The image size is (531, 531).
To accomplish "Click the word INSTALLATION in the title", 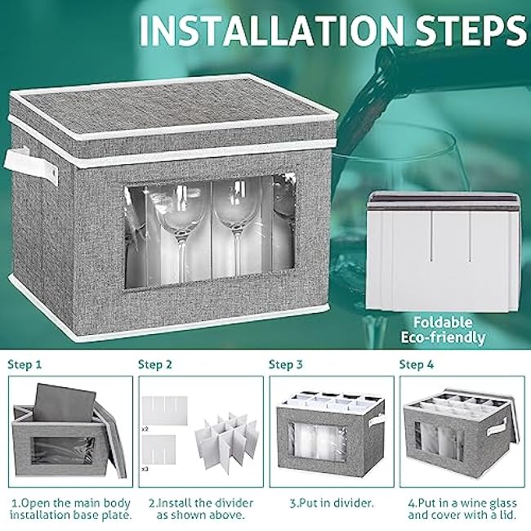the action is [270, 29].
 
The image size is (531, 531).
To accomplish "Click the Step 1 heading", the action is [25, 364].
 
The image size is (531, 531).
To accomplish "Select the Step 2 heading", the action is [155, 364].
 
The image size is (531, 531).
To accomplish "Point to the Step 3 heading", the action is [285, 364].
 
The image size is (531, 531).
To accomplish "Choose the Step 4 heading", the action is [416, 364].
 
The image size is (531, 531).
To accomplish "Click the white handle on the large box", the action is [31, 166].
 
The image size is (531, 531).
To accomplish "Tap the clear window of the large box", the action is [210, 231].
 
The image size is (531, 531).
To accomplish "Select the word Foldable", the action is [443, 323].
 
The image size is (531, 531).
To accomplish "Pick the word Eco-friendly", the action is [443, 337].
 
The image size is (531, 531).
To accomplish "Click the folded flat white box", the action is [442, 252].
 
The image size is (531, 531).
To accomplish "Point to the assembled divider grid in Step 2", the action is [227, 442].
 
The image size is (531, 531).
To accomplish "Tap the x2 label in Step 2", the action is [145, 429].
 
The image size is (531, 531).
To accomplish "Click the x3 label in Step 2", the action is [145, 469].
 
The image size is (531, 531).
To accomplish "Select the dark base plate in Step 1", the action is [64, 403].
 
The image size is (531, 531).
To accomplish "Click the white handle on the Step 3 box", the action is [377, 420].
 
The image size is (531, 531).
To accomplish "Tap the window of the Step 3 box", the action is [317, 442].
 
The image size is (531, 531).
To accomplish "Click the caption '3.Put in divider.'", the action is [332, 503].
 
